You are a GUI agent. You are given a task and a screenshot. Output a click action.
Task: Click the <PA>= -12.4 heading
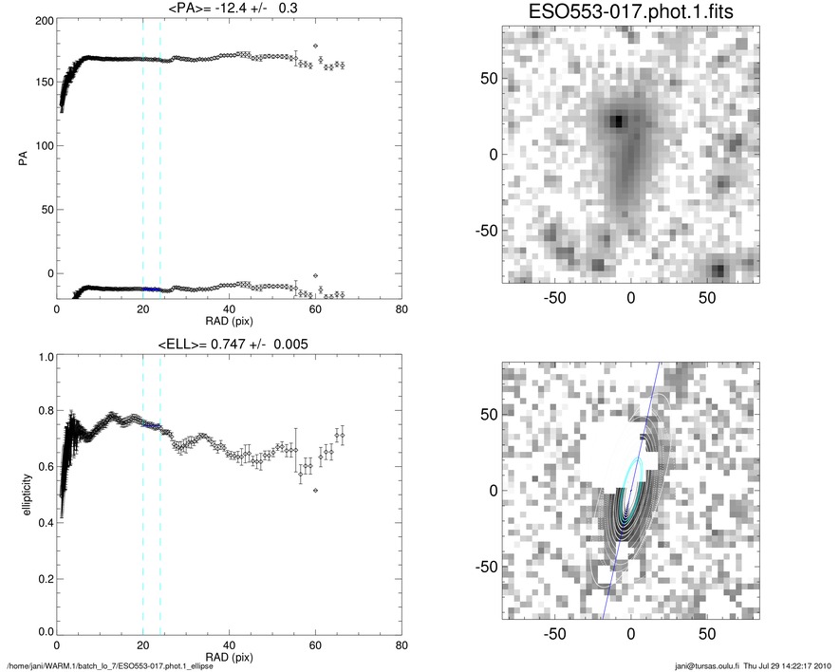pyautogui.click(x=228, y=9)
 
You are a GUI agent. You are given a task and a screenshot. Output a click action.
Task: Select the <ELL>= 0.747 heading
pyautogui.click(x=228, y=344)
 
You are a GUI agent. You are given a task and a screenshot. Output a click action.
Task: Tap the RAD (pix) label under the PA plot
pyautogui.click(x=228, y=321)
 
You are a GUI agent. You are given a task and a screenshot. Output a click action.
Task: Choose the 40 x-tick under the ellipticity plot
pyautogui.click(x=229, y=644)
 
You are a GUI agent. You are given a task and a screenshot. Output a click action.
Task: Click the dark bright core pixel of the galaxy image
pyautogui.click(x=618, y=121)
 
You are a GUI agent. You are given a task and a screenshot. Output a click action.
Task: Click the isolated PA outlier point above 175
pyautogui.click(x=315, y=47)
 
